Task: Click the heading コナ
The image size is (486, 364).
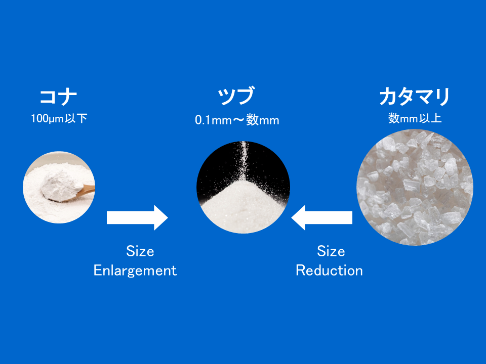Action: coord(58,97)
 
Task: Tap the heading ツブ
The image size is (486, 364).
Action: coord(236,96)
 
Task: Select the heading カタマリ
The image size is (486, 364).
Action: coord(415,97)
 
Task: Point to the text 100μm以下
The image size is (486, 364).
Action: coord(59,118)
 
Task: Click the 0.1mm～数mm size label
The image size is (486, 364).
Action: coord(237,120)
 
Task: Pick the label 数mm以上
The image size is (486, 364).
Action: coord(415,118)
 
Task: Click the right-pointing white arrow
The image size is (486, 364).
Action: coord(137,217)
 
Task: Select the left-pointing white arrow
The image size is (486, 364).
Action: coord(322,217)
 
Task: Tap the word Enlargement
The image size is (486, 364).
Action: coord(135,271)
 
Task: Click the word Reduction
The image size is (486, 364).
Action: coord(329,270)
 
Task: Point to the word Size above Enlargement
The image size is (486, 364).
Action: coord(140,251)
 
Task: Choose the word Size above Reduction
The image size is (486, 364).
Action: coord(331,251)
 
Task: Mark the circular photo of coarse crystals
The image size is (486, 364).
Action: coord(415,187)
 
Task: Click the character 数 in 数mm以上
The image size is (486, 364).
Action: coord(394,118)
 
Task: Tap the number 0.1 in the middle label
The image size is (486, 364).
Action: coord(203,120)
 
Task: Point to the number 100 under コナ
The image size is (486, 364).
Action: coord(39,118)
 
